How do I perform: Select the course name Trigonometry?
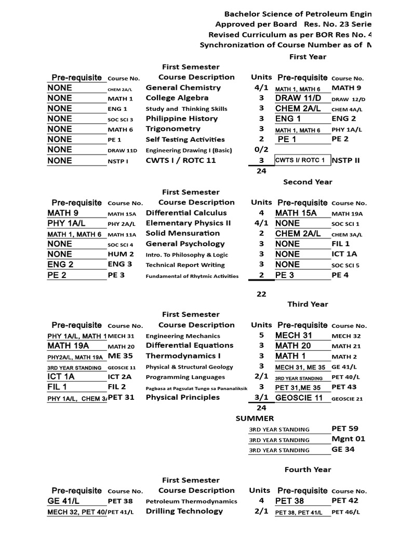point(173,129)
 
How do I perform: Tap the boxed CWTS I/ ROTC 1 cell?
point(302,160)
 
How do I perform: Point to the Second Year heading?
point(308,182)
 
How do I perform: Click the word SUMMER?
point(255,418)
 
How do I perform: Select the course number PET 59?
point(345,429)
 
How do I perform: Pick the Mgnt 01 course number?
point(348,439)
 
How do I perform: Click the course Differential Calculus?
point(186,213)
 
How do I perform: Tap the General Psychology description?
point(185,244)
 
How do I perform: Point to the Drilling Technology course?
point(184,511)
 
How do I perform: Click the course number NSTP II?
point(346,160)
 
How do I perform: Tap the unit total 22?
point(261,294)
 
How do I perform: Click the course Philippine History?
point(181,119)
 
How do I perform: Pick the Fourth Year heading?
point(308,469)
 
